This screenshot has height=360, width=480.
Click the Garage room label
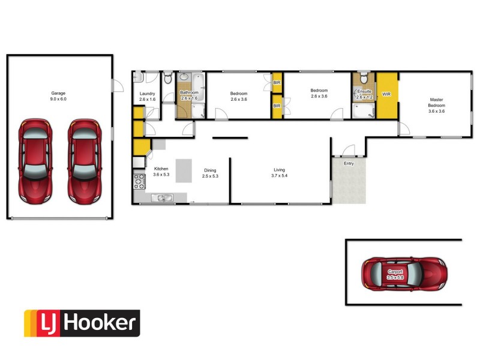tap(58, 94)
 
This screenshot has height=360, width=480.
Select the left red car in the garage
tap(34, 160)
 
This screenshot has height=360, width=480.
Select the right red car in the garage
tap(83, 160)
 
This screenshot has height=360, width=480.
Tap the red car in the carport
tap(404, 274)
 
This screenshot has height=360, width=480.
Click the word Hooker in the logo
tap(100, 323)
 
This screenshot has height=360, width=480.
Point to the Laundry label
tap(147, 94)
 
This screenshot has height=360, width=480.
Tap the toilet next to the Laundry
tap(168, 78)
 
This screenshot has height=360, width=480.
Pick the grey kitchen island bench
tap(182, 170)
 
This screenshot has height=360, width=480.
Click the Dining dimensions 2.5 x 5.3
tap(210, 176)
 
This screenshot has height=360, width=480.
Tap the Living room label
tap(280, 170)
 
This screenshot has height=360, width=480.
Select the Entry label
tap(349, 163)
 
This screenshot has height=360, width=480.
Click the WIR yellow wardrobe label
tap(386, 94)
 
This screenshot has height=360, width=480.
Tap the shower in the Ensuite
tap(362, 110)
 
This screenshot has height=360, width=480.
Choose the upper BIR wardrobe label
tap(277, 83)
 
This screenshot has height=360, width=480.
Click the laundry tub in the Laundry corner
tap(138, 77)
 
